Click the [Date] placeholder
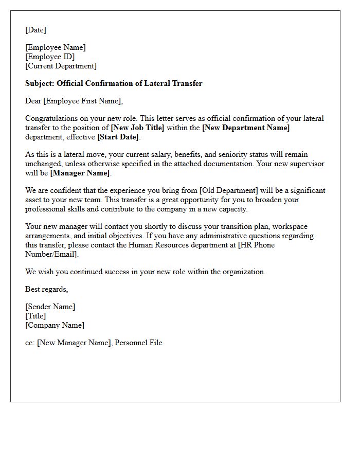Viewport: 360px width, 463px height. [36, 30]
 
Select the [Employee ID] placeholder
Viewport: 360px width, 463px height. [50, 57]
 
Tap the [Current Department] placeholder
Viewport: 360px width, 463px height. [61, 66]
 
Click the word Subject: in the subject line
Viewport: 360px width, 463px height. [40, 83]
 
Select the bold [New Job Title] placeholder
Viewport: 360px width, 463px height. [137, 128]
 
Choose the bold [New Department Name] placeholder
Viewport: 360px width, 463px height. [246, 128]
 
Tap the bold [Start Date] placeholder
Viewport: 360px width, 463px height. [118, 137]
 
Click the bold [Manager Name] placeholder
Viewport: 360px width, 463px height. [80, 173]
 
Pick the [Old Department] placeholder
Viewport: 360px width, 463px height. [229, 190]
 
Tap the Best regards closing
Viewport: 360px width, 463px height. [47, 289]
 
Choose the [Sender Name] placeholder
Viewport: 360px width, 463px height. [50, 307]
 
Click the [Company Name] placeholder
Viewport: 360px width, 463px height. [55, 325]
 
